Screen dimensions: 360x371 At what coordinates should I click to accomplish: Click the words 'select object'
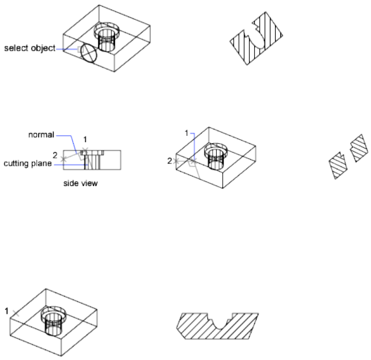coord(29,49)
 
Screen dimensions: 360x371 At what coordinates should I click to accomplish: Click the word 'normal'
coord(41,135)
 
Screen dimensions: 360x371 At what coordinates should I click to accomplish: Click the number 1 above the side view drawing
coord(84,139)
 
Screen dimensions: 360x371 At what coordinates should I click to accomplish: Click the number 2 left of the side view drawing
coord(55,155)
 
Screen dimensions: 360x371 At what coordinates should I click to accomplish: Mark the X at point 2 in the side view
coord(64,158)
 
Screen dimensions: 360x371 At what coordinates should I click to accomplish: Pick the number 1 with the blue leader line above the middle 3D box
coord(187,133)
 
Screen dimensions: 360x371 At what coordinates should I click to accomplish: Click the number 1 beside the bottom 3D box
coord(6,310)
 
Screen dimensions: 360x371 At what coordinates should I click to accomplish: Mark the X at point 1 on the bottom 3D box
coord(16,313)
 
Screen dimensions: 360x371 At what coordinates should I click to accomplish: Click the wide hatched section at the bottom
coord(218,327)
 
